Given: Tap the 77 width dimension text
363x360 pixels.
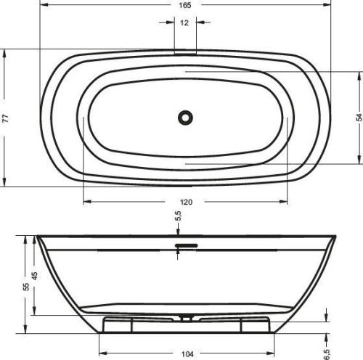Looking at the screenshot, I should tap(6, 118).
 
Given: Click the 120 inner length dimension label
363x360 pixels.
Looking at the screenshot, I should tap(187, 202).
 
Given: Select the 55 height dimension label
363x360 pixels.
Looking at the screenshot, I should tap(26, 287).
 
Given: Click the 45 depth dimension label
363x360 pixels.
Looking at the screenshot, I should tap(34, 276).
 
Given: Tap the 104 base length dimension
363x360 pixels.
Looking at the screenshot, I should tap(187, 354).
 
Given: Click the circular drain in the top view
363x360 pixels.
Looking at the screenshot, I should tap(186, 115).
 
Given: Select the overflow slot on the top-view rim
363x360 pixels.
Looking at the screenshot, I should tap(186, 52).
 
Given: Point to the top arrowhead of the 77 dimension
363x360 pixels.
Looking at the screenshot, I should tap(6, 52).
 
